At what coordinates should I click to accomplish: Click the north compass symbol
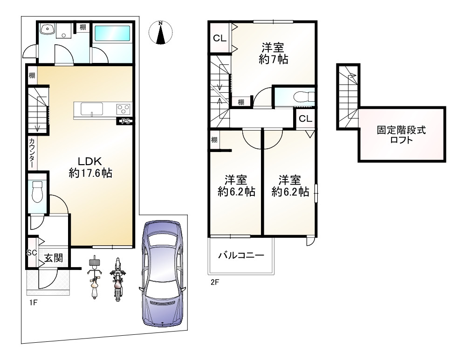(160, 33)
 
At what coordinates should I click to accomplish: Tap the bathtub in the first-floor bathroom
(114, 35)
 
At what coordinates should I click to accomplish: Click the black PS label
(125, 121)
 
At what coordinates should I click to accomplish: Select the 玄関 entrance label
(54, 257)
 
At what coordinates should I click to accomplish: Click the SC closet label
(32, 253)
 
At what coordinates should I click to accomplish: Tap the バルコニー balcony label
(241, 256)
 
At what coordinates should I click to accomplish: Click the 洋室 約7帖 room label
(273, 53)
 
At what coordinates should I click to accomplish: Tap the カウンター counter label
(32, 153)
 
